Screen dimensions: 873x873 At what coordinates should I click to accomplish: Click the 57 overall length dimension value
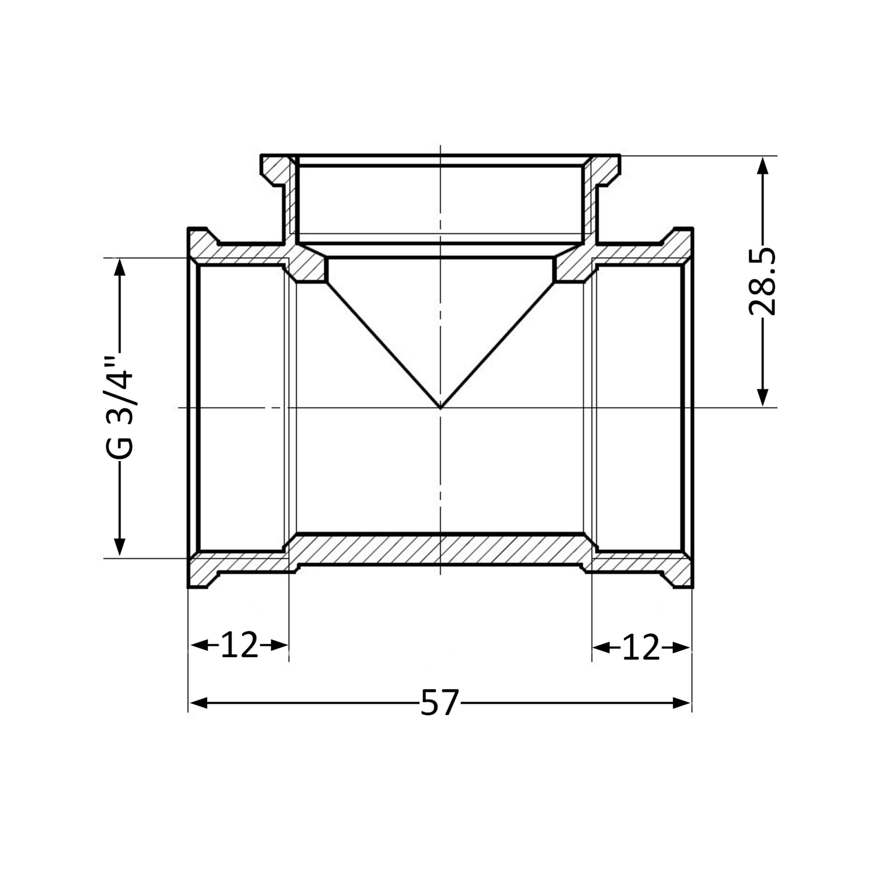click(x=439, y=702)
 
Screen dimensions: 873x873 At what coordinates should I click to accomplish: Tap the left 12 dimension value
click(x=239, y=645)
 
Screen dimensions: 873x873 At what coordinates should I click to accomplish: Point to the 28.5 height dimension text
click(x=762, y=281)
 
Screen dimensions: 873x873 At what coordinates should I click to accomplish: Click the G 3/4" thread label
click(x=119, y=408)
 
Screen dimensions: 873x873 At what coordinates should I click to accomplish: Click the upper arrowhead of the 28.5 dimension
click(x=763, y=165)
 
